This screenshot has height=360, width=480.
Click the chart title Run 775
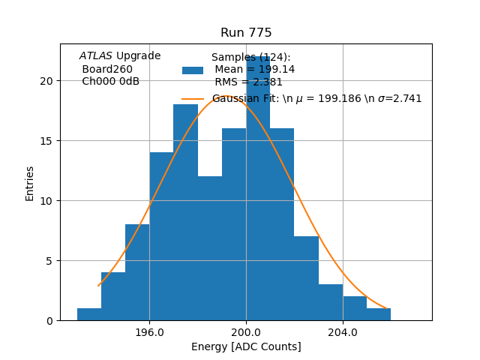[246, 33]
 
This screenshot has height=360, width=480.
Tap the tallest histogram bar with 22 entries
[258, 187]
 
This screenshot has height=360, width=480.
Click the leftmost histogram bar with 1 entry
[89, 314]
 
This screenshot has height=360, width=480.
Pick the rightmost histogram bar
[379, 314]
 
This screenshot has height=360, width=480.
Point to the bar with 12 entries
[209, 248]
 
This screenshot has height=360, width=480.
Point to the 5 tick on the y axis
[51, 261]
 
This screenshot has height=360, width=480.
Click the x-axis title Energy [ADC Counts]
[246, 346]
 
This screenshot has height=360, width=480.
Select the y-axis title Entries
[30, 183]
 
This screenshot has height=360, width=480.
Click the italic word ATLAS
[96, 55]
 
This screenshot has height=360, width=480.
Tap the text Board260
[107, 69]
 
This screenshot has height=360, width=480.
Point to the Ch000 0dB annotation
[110, 82]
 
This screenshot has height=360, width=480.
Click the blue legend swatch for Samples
[193, 70]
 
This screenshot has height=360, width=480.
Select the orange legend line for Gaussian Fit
[193, 99]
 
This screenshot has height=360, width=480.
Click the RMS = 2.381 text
[248, 82]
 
